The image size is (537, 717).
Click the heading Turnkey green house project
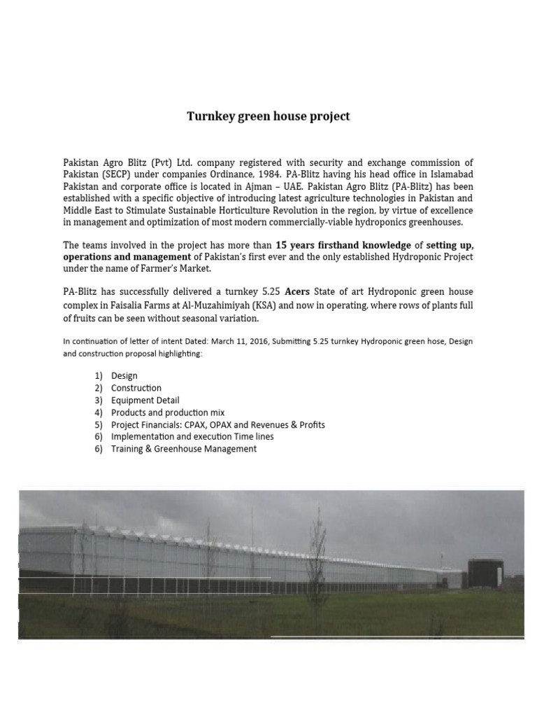(268, 116)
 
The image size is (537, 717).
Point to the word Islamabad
(449, 174)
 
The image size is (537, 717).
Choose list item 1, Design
(124, 376)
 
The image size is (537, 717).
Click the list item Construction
(136, 388)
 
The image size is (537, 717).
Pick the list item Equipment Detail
(145, 401)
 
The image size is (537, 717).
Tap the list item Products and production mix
(168, 412)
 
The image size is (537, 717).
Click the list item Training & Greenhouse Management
(183, 449)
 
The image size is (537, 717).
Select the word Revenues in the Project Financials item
(257, 425)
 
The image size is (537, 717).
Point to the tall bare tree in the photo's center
(317, 560)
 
